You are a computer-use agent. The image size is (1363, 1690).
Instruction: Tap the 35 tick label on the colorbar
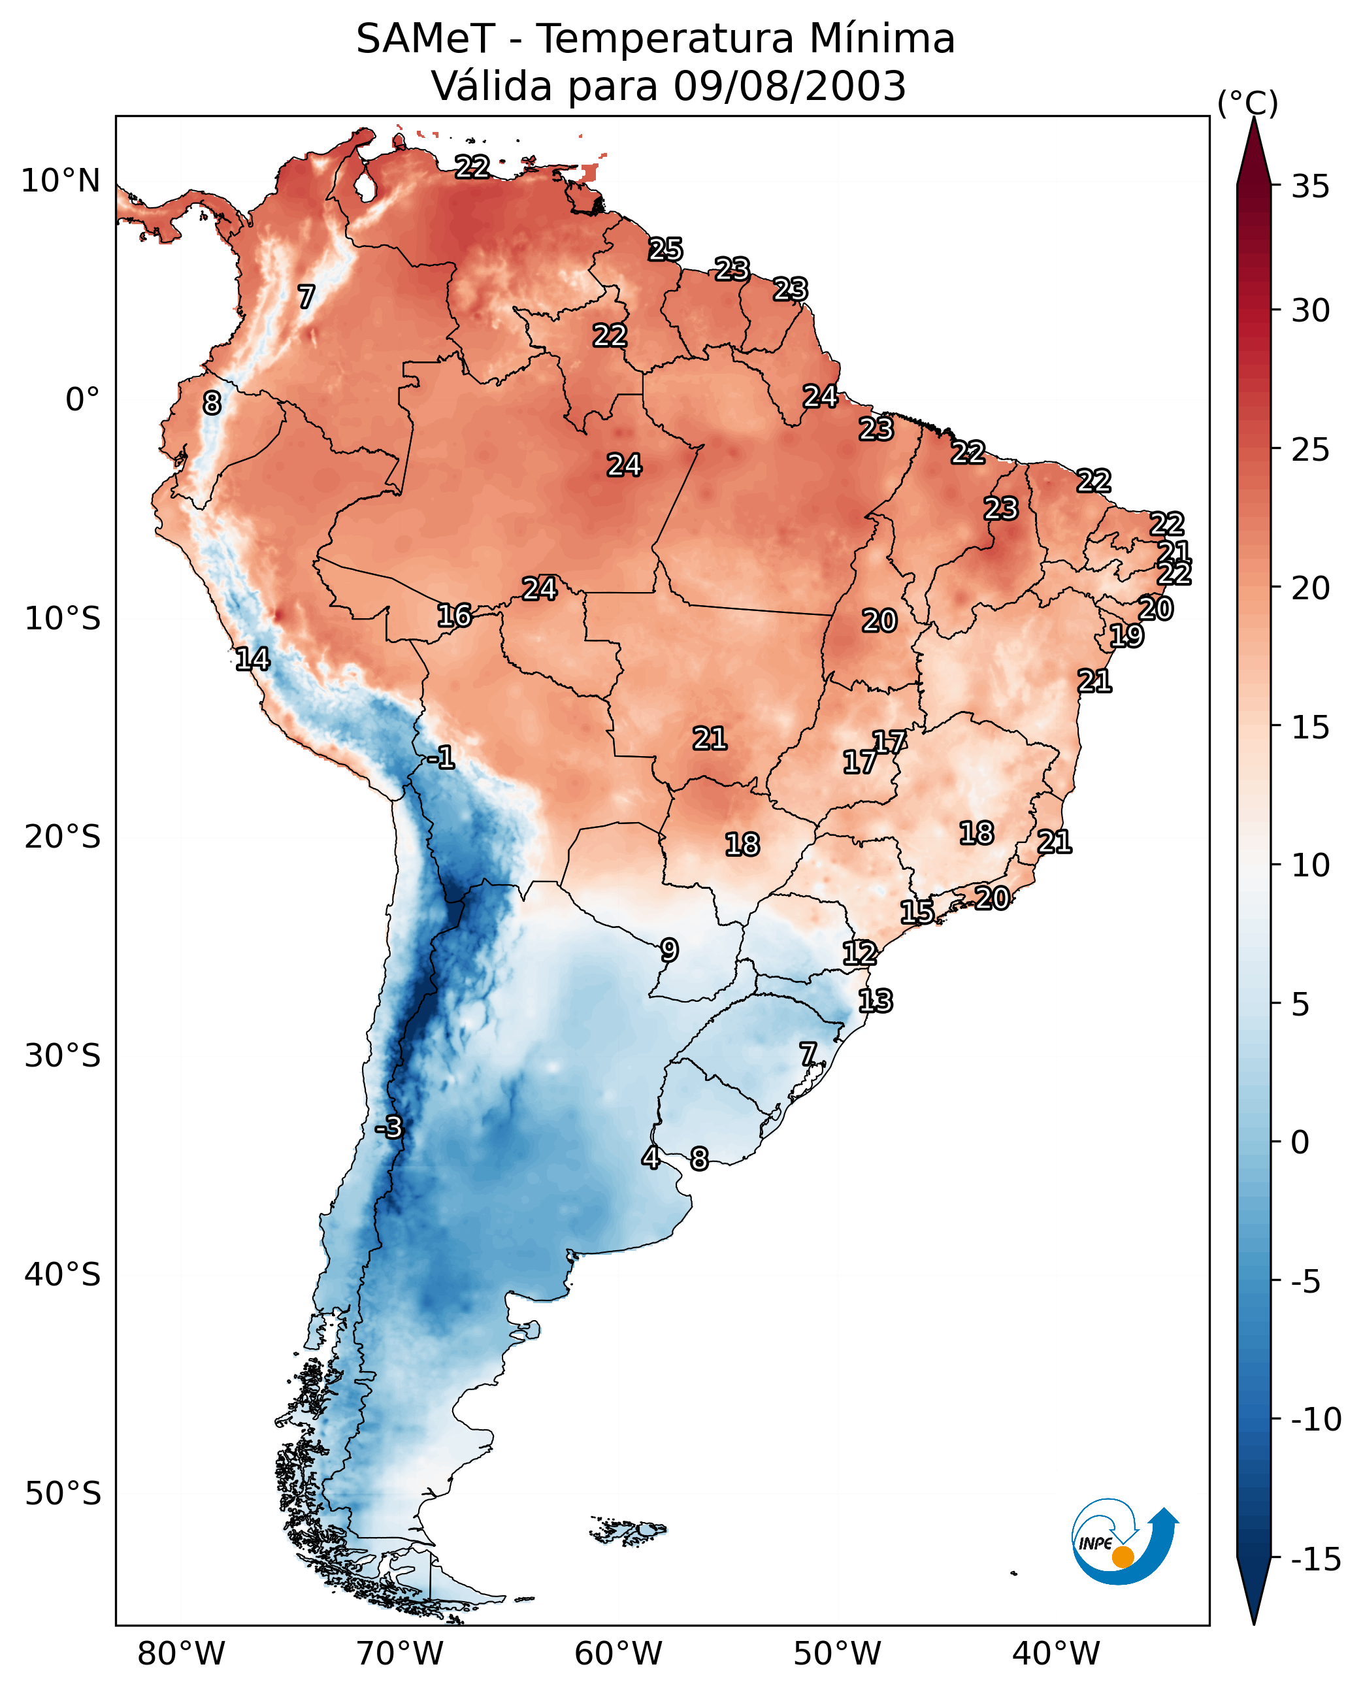[x=1310, y=187]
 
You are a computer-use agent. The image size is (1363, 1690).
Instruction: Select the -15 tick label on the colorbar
[x=1315, y=1559]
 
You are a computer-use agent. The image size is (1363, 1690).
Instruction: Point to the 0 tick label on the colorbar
[x=1300, y=1142]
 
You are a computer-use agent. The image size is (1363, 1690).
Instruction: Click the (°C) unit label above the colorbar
[x=1247, y=103]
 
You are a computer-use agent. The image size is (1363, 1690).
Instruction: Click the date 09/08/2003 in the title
[x=789, y=86]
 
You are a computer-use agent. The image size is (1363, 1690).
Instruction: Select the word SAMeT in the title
[x=425, y=39]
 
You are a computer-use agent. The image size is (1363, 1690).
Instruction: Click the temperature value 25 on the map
[x=665, y=250]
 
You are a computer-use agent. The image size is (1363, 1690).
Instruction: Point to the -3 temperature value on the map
[x=389, y=1127]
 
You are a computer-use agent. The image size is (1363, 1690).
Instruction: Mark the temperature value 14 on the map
[x=252, y=659]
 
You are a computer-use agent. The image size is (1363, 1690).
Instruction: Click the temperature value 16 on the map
[x=454, y=616]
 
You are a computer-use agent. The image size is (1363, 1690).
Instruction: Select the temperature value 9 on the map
[x=669, y=950]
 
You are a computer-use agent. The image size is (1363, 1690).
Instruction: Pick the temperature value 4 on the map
[x=651, y=1157]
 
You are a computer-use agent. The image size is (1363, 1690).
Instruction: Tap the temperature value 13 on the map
[x=875, y=1001]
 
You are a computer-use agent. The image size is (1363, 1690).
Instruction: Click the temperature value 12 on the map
[x=860, y=953]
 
